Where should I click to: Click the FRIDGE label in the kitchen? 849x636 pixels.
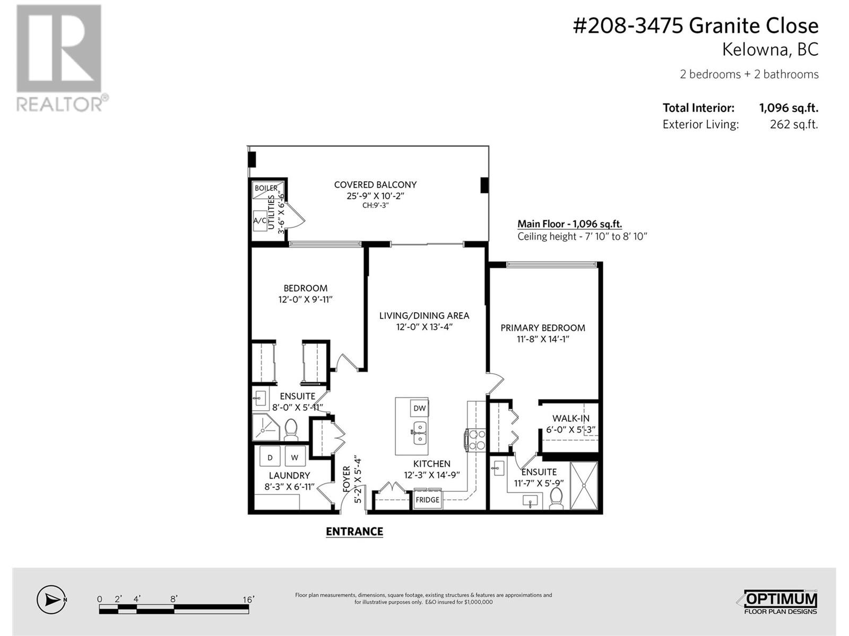[427, 500]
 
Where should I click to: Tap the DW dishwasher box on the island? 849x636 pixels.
[420, 408]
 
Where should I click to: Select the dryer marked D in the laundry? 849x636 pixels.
[270, 457]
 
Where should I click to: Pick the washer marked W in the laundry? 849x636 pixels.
[294, 457]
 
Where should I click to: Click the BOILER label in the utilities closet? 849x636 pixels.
[266, 188]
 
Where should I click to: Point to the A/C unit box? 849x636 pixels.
[260, 220]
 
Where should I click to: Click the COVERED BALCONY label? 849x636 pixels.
[375, 185]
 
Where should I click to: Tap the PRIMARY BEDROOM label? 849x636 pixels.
[543, 328]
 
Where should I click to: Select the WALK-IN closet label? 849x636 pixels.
[570, 418]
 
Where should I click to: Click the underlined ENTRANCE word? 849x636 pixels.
[354, 532]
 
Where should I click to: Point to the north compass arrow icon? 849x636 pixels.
[51, 600]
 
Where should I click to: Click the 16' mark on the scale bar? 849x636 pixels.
[248, 599]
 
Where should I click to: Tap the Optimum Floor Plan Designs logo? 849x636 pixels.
[778, 602]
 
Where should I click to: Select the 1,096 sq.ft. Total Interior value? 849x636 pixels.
[789, 108]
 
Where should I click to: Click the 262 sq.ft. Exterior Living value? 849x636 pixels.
[794, 125]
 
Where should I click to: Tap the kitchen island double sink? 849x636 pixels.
[420, 433]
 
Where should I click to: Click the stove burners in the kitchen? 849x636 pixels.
[476, 440]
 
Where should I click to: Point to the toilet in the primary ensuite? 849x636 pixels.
[556, 499]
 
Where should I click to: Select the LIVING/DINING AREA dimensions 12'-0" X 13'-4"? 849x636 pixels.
[424, 327]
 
